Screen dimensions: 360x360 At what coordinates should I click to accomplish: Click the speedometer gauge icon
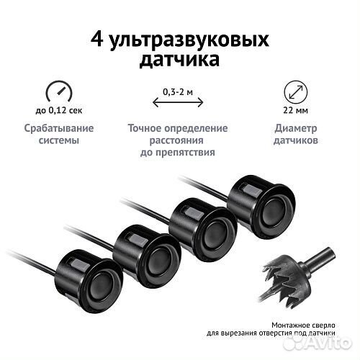59,93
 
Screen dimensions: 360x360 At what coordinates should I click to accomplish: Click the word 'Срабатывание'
59,129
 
